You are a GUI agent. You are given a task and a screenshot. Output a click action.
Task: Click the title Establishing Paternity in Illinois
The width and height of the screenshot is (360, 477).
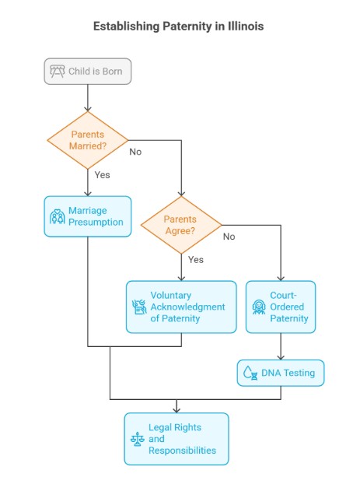[178, 26]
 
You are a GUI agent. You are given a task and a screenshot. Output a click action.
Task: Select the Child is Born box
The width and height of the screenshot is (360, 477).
[87, 72]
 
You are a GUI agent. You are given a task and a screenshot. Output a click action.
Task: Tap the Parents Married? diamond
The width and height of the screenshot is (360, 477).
[87, 140]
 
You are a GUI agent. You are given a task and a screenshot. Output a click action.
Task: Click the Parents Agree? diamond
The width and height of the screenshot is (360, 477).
[180, 226]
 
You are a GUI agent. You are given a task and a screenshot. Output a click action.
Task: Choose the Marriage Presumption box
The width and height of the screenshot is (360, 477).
[87, 216]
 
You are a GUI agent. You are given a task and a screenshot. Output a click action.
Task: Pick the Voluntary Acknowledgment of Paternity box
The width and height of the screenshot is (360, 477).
[181, 307]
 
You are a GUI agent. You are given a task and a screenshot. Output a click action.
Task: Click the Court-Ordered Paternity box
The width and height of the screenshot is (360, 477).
[281, 307]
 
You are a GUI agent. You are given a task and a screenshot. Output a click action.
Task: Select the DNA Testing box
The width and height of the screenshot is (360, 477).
[280, 373]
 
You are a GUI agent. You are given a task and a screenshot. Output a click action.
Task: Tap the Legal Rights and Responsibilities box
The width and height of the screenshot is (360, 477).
[177, 439]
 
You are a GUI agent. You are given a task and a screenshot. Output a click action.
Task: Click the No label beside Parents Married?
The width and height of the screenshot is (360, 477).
[135, 152]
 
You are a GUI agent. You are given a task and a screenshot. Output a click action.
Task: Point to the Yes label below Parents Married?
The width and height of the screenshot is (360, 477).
[102, 175]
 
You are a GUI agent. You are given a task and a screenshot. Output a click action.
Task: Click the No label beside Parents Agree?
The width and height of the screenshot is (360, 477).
[229, 237]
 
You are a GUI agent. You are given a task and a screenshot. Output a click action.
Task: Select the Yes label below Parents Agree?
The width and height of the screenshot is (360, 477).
[196, 260]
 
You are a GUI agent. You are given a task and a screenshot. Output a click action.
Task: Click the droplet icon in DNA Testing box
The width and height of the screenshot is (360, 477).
[250, 374]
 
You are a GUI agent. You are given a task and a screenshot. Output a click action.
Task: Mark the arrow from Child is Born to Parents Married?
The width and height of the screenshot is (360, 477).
[87, 99]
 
